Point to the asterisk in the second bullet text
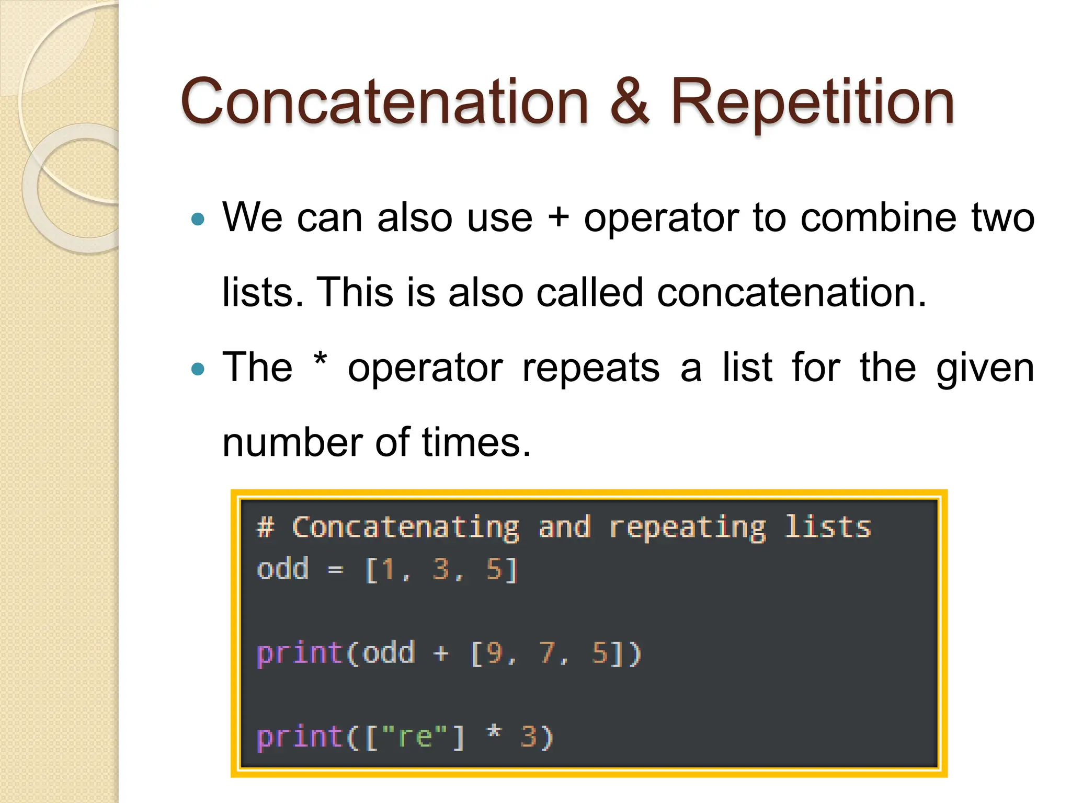320,361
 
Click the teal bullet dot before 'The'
198,369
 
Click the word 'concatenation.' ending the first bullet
791,292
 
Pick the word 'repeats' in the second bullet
591,368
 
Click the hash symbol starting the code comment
266,527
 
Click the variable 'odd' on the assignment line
282,569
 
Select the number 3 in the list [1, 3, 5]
441,569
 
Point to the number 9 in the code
494,653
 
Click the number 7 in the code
546,653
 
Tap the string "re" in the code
415,737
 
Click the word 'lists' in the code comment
828,526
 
